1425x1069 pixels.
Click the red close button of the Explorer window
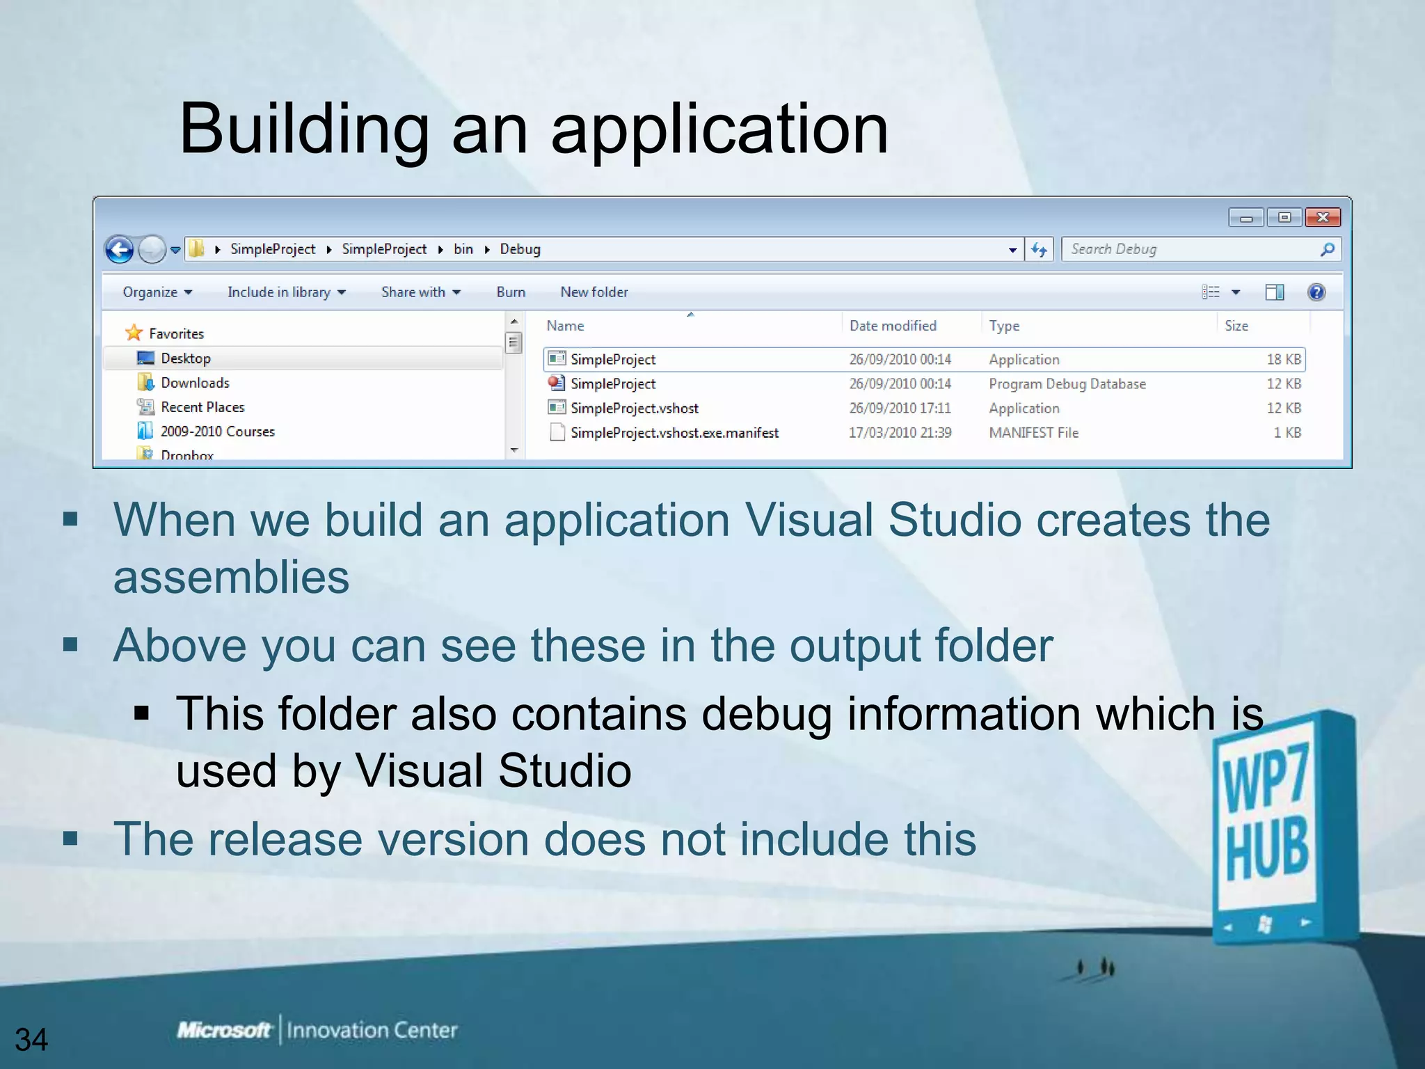1322,218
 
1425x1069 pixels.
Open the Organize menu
157,292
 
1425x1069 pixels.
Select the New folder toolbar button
594,292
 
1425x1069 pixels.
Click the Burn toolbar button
511,292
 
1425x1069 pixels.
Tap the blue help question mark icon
1316,292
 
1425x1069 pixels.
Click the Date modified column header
893,326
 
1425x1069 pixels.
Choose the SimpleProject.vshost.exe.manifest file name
674,433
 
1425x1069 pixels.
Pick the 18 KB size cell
1283,359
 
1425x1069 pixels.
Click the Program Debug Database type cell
1067,384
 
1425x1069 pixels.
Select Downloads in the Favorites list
195,383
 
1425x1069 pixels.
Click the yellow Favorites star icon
134,333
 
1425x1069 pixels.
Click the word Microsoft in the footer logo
223,1030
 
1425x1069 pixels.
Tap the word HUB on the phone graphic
1266,850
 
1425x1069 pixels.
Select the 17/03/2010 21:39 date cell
900,433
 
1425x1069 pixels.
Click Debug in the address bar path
520,249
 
